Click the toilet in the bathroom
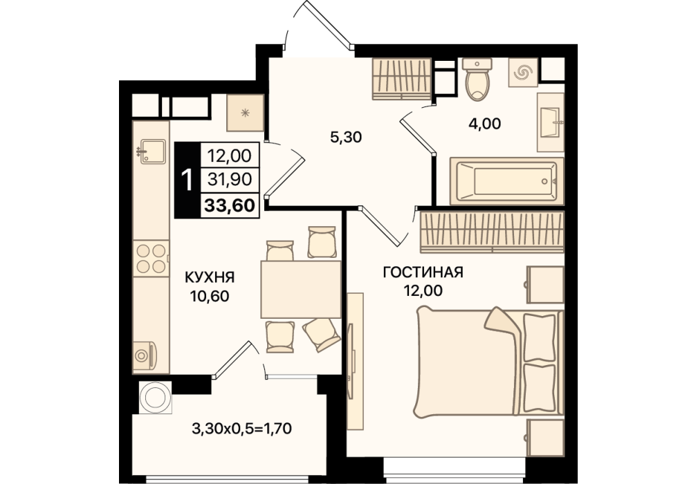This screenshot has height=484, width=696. point(477,79)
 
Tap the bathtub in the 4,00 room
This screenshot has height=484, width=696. point(506,181)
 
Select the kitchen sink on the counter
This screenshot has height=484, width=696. point(151,151)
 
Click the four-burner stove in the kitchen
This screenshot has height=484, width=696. point(151,259)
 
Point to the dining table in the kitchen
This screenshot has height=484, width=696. point(301,289)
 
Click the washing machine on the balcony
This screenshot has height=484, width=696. point(156,397)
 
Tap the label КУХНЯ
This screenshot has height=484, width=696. point(210,278)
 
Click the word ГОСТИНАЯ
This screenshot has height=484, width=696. point(423,272)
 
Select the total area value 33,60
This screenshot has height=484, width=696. point(230,205)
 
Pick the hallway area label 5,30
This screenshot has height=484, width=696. point(346,138)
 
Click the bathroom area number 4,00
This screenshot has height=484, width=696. point(485,124)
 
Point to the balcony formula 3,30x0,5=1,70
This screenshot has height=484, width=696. point(242,429)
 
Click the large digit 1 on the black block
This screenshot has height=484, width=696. point(187,180)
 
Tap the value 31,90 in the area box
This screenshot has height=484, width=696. point(230,180)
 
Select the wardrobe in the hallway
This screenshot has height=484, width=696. point(402,79)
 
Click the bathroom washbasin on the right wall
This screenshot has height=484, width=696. point(551,122)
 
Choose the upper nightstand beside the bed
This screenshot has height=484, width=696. point(545,284)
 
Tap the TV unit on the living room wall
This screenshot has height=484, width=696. point(355,361)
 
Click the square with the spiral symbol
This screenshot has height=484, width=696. point(523,72)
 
